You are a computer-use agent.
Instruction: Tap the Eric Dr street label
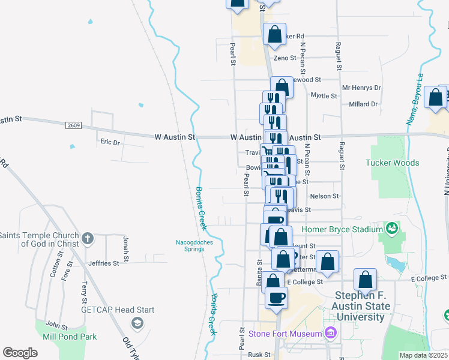[110, 142]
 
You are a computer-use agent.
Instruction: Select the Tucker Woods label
[393, 163]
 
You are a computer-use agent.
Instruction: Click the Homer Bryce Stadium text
[342, 229]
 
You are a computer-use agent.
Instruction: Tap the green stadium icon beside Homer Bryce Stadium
[392, 228]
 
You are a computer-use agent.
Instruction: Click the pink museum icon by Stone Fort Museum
[330, 332]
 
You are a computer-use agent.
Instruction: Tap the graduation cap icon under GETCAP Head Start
[137, 323]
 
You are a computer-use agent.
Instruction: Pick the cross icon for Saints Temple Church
[88, 238]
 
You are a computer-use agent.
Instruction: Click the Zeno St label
[285, 58]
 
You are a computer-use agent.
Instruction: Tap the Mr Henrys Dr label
[361, 88]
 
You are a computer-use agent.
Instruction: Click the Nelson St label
[324, 196]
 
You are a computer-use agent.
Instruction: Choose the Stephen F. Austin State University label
[363, 306]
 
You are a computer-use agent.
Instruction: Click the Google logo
[20, 353]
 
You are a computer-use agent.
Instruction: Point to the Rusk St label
[259, 355]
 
